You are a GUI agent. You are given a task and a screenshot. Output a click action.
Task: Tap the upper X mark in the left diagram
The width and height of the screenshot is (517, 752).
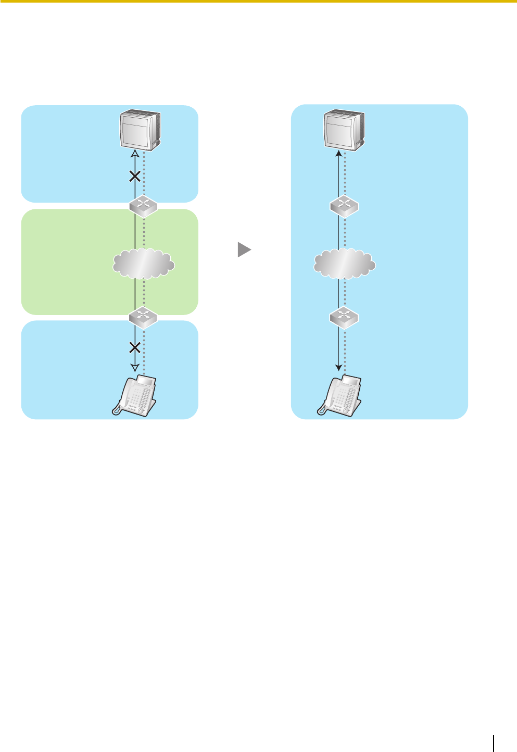click(x=134, y=177)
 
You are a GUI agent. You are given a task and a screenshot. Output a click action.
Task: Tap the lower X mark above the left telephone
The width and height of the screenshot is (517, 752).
click(x=134, y=347)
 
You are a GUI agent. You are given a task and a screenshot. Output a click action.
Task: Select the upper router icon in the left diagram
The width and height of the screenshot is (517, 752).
click(x=143, y=206)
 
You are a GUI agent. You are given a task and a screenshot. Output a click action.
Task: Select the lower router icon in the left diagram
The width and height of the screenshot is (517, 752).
click(x=143, y=317)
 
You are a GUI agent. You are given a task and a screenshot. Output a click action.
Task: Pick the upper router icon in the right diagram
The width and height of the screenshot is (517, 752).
click(x=344, y=206)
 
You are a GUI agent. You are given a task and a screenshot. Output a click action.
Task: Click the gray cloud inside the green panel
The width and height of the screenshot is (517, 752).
click(x=143, y=264)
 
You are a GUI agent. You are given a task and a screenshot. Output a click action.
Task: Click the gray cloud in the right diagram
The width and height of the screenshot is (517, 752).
click(x=344, y=264)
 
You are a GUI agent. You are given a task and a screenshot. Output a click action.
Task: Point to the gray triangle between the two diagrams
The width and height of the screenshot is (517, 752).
click(x=244, y=249)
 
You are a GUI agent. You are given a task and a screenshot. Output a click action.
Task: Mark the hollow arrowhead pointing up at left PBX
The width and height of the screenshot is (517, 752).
click(x=134, y=153)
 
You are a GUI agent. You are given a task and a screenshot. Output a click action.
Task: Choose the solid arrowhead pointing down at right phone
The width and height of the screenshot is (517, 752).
click(x=339, y=368)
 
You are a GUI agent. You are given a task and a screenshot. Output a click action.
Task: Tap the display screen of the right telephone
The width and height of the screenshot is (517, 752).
click(x=352, y=382)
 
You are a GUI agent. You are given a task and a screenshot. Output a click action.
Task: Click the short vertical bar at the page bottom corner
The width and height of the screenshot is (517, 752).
click(x=494, y=743)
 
